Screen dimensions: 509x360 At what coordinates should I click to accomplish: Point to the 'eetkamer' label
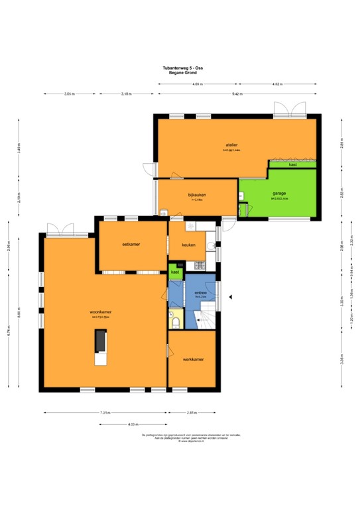[x=131, y=244]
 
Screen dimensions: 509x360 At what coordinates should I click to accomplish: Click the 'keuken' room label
[x=188, y=245]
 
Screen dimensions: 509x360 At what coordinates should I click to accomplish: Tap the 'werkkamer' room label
[x=193, y=359]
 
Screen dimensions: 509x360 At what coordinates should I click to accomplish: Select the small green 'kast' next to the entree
[x=175, y=272]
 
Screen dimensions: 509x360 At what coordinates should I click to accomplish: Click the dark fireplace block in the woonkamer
[x=99, y=341]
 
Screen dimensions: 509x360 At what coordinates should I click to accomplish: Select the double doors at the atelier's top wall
[x=283, y=110]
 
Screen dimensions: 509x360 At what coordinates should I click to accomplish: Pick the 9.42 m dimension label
[x=236, y=95]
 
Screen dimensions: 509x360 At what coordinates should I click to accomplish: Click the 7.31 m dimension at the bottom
[x=105, y=413]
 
